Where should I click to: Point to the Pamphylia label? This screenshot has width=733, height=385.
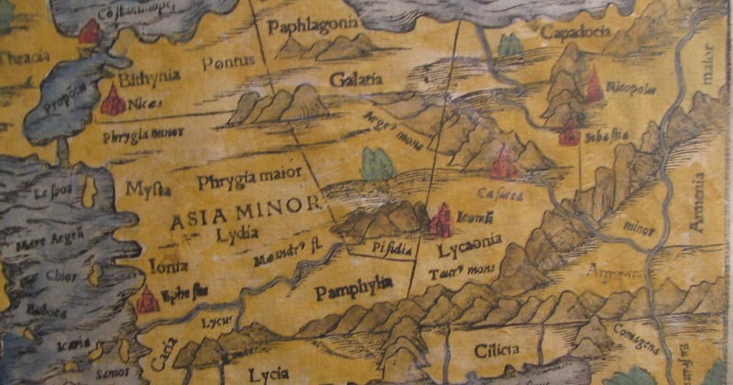pos(353,292)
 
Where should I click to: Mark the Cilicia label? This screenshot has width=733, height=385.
pos(498,349)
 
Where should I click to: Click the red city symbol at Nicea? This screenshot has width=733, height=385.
pos(114,100)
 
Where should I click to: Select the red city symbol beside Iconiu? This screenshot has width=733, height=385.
pos(441,221)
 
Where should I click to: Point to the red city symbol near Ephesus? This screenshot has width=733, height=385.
pos(145,299)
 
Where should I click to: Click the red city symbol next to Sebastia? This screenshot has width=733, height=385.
pos(570,133)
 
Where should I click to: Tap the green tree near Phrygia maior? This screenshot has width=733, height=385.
pos(377,164)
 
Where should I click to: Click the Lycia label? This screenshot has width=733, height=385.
pos(268,373)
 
